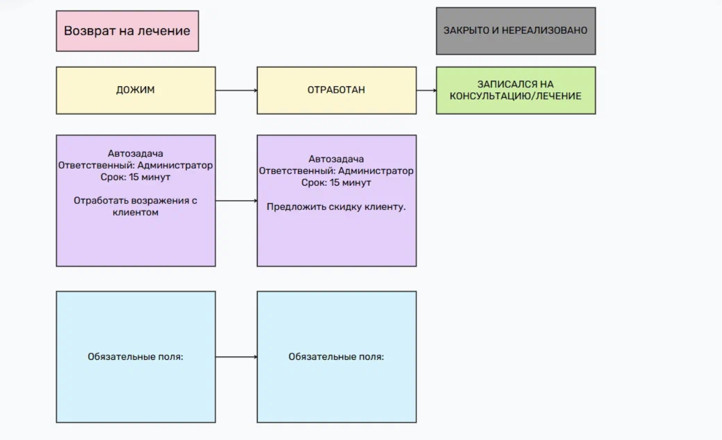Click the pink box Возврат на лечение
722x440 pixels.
coord(127,31)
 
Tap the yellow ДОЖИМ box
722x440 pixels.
coord(135,90)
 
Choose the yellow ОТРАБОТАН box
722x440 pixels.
coord(336,90)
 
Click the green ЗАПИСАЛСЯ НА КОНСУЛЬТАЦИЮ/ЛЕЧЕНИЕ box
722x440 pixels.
coord(515,90)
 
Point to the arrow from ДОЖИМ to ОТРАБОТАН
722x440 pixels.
coord(236,90)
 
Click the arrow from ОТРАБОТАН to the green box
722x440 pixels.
coord(426,90)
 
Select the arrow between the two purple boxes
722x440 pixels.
coord(236,201)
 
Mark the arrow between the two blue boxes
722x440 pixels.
coord(236,357)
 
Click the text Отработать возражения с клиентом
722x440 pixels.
coord(135,206)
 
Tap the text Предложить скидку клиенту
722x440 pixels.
coord(336,207)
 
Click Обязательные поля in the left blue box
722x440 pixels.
coord(135,357)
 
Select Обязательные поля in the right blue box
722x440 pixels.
coord(336,357)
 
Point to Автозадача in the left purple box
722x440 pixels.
coord(135,154)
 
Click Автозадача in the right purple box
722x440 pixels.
coord(336,159)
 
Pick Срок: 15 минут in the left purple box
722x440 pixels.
coord(135,177)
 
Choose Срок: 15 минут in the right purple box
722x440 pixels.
coord(336,183)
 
